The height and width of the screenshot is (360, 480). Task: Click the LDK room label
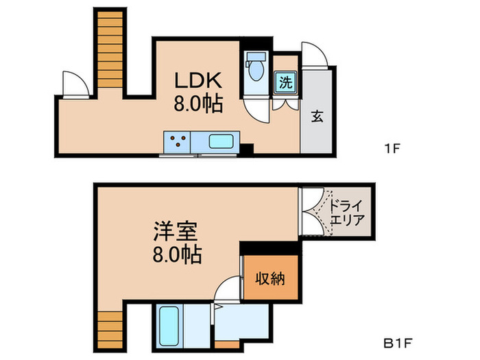tap(196, 81)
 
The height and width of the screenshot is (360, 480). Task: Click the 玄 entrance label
tap(317, 117)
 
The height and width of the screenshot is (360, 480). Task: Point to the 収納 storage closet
tap(271, 278)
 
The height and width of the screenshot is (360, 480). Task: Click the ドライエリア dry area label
tap(346, 213)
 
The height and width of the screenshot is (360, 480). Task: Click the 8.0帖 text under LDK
tap(197, 104)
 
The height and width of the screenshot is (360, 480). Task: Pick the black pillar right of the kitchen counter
tap(247, 147)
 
